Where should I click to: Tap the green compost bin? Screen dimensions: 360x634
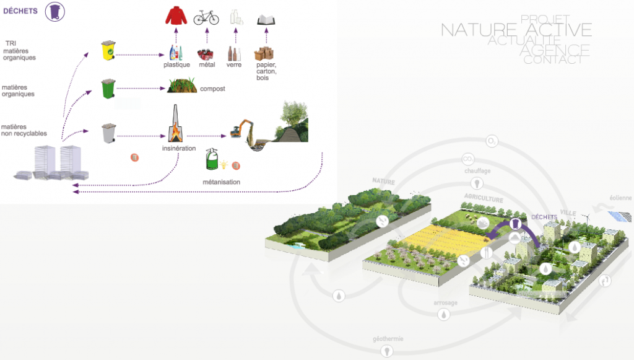108,89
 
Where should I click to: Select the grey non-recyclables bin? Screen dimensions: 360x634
108,133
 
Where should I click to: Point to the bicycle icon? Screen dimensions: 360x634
206,17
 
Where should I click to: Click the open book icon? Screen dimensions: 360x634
266,19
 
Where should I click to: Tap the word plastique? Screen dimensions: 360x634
176,65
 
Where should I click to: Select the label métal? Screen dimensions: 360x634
207,65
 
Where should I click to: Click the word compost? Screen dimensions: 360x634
212,89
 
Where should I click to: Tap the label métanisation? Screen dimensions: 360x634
221,182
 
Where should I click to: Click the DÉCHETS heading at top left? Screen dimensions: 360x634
20,11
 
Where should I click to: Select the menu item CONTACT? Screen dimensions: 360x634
552,60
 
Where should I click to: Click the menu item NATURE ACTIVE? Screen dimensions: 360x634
516,30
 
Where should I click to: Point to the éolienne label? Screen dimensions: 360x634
620,198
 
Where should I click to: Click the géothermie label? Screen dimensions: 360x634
388,339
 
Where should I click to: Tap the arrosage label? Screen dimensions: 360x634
445,304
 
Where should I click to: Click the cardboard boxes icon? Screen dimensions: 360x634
266,54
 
